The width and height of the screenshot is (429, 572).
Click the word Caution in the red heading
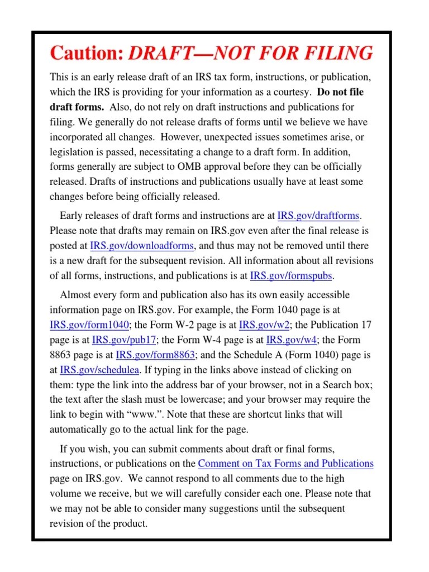[x=86, y=54]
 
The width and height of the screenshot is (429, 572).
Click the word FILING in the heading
[x=340, y=54]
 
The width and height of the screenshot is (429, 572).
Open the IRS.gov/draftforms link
[x=319, y=216]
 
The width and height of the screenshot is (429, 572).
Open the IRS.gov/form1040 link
[x=89, y=325]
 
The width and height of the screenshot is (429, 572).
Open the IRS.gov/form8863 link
[x=155, y=355]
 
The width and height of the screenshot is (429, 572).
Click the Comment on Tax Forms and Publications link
[x=285, y=464]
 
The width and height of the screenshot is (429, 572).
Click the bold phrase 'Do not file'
[x=340, y=92]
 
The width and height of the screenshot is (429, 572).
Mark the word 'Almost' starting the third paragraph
[x=75, y=295]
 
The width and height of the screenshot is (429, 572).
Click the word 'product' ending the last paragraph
[x=131, y=524]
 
